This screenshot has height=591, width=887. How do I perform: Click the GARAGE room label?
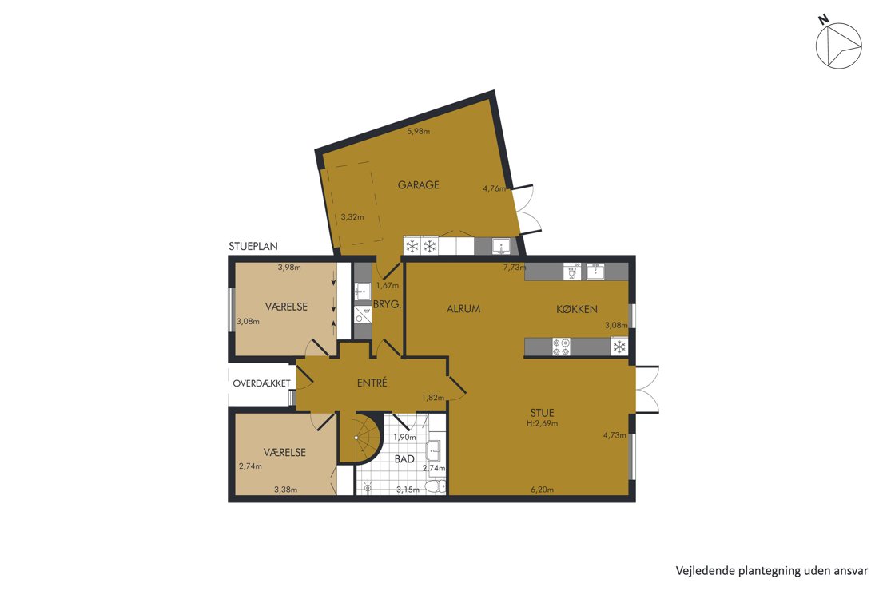pyautogui.click(x=418, y=185)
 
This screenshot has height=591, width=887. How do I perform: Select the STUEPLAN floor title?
pyautogui.click(x=253, y=247)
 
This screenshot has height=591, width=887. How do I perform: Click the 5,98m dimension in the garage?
pyautogui.click(x=419, y=131)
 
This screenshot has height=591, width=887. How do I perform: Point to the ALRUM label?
pyautogui.click(x=463, y=309)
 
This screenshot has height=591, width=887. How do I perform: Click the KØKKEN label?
pyautogui.click(x=576, y=309)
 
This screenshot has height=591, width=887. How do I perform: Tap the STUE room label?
pyautogui.click(x=542, y=413)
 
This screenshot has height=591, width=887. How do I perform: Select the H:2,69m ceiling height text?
pyautogui.click(x=542, y=423)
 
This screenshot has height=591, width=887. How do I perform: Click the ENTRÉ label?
pyautogui.click(x=372, y=383)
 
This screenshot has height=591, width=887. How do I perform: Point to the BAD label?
pyautogui.click(x=404, y=459)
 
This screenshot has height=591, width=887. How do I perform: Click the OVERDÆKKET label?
pyautogui.click(x=261, y=383)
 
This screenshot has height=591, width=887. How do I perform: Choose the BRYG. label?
pyautogui.click(x=387, y=304)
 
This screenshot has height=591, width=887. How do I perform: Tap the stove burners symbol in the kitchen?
pyautogui.click(x=561, y=347)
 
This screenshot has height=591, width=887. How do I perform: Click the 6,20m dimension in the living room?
pyautogui.click(x=542, y=490)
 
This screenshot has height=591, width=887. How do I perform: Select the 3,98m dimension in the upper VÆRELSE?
pyautogui.click(x=289, y=268)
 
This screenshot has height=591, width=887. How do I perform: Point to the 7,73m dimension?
pyautogui.click(x=515, y=268)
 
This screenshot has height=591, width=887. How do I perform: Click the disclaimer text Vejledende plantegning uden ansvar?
pyautogui.click(x=772, y=571)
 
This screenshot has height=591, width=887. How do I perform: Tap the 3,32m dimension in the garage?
pyautogui.click(x=352, y=217)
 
